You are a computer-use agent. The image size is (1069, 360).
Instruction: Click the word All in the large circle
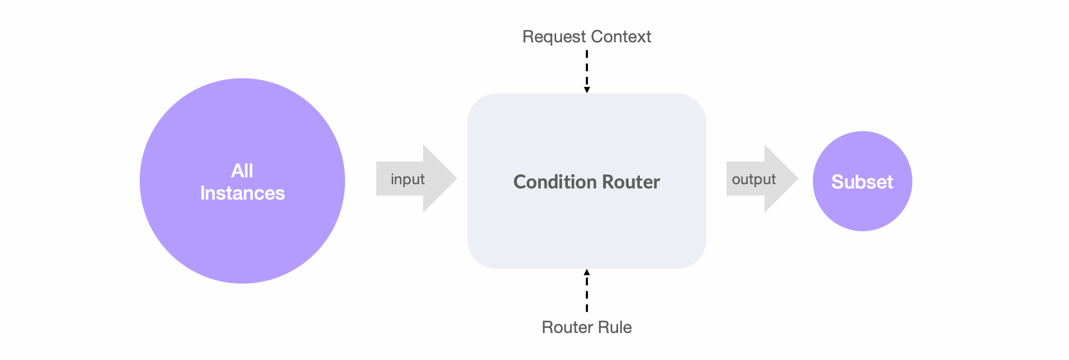[x=242, y=170]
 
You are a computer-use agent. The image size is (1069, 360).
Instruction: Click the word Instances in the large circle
[x=242, y=193]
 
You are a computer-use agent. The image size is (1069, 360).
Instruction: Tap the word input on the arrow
[x=407, y=179]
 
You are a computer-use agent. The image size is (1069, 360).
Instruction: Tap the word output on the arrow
[x=754, y=179]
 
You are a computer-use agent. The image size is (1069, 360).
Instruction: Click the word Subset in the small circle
[x=862, y=182]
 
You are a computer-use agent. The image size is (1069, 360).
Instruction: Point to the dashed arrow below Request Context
[x=587, y=69]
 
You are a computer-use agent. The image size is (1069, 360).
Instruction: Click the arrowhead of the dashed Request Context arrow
[x=587, y=90]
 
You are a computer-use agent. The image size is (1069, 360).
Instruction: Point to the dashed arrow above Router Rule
[x=587, y=294]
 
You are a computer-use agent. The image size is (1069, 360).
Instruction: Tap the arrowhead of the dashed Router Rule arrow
[x=587, y=272]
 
